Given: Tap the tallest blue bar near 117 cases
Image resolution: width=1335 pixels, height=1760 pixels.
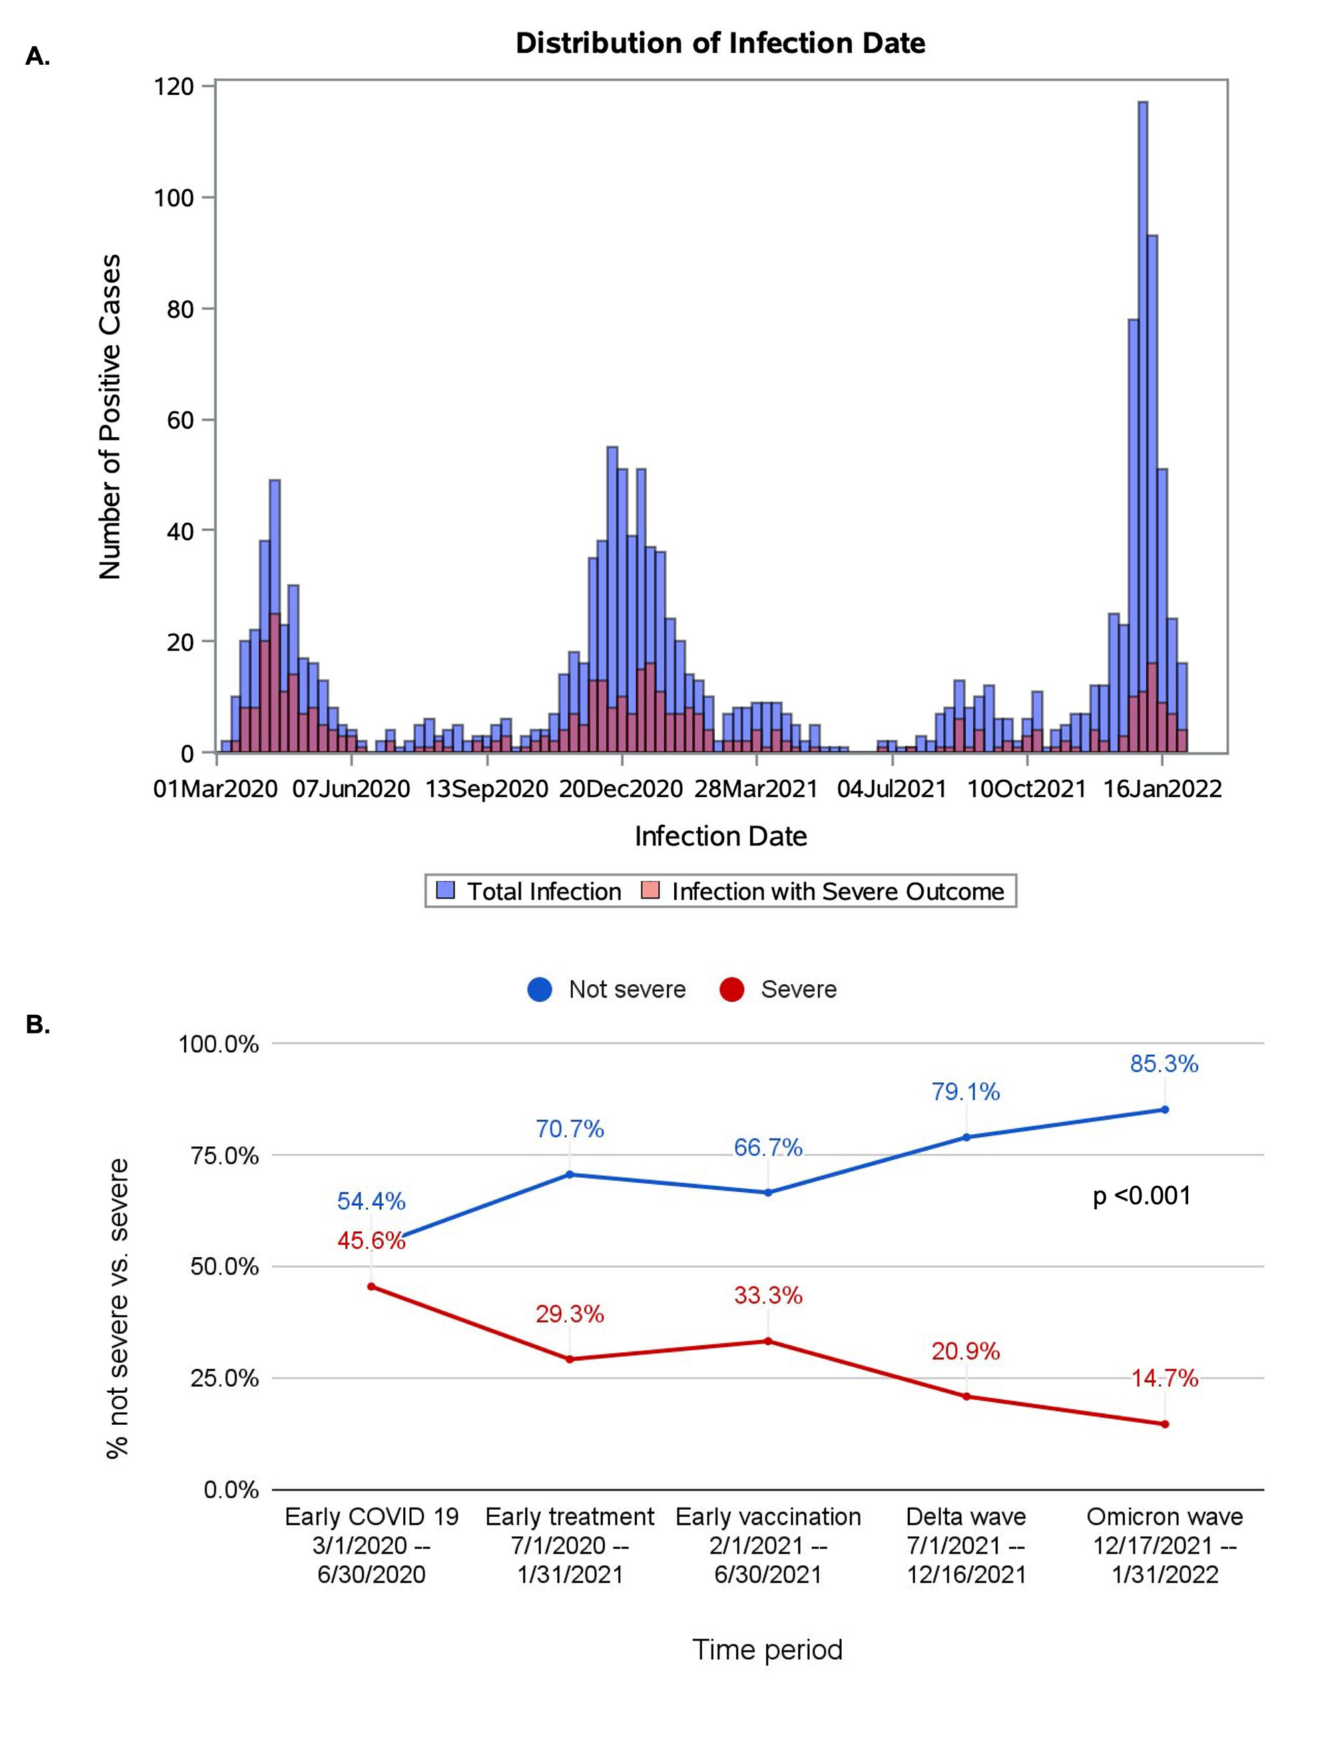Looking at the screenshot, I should point(1143,398).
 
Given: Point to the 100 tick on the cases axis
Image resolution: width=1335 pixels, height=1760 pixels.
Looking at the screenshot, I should point(174,198).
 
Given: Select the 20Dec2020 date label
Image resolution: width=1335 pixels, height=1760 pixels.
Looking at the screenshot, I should point(621,789).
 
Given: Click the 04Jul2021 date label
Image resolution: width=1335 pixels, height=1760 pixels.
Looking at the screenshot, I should point(892,789).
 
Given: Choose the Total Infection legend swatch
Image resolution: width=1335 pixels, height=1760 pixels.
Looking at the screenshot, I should point(445,890).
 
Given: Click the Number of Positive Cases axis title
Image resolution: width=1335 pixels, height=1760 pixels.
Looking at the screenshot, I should point(109,416).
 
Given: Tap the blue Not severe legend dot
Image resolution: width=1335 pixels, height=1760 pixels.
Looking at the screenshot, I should point(539,989).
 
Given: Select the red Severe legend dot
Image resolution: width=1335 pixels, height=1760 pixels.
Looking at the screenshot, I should point(731,989).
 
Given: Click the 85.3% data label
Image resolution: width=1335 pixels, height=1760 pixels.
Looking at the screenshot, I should point(1164,1064).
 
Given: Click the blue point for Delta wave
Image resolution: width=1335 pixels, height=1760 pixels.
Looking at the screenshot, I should point(967,1137).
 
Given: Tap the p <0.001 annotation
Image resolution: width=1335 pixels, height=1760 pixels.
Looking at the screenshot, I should point(1141,1196).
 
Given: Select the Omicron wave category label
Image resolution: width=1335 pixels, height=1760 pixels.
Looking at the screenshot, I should point(1165,1516).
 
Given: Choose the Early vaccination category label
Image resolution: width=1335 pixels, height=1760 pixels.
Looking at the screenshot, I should point(768,1516).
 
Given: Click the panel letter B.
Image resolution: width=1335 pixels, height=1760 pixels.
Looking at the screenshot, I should point(37,1025).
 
